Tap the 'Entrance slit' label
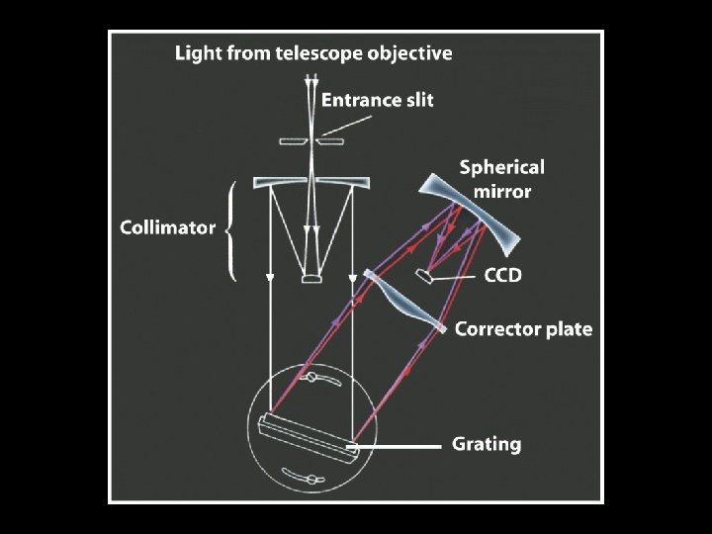coord(378,100)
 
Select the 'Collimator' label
coord(167,227)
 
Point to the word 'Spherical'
coord(501,167)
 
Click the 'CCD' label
coord(501,276)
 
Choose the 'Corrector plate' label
coord(523,329)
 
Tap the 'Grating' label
coord(486,444)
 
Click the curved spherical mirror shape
coord(485,221)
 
